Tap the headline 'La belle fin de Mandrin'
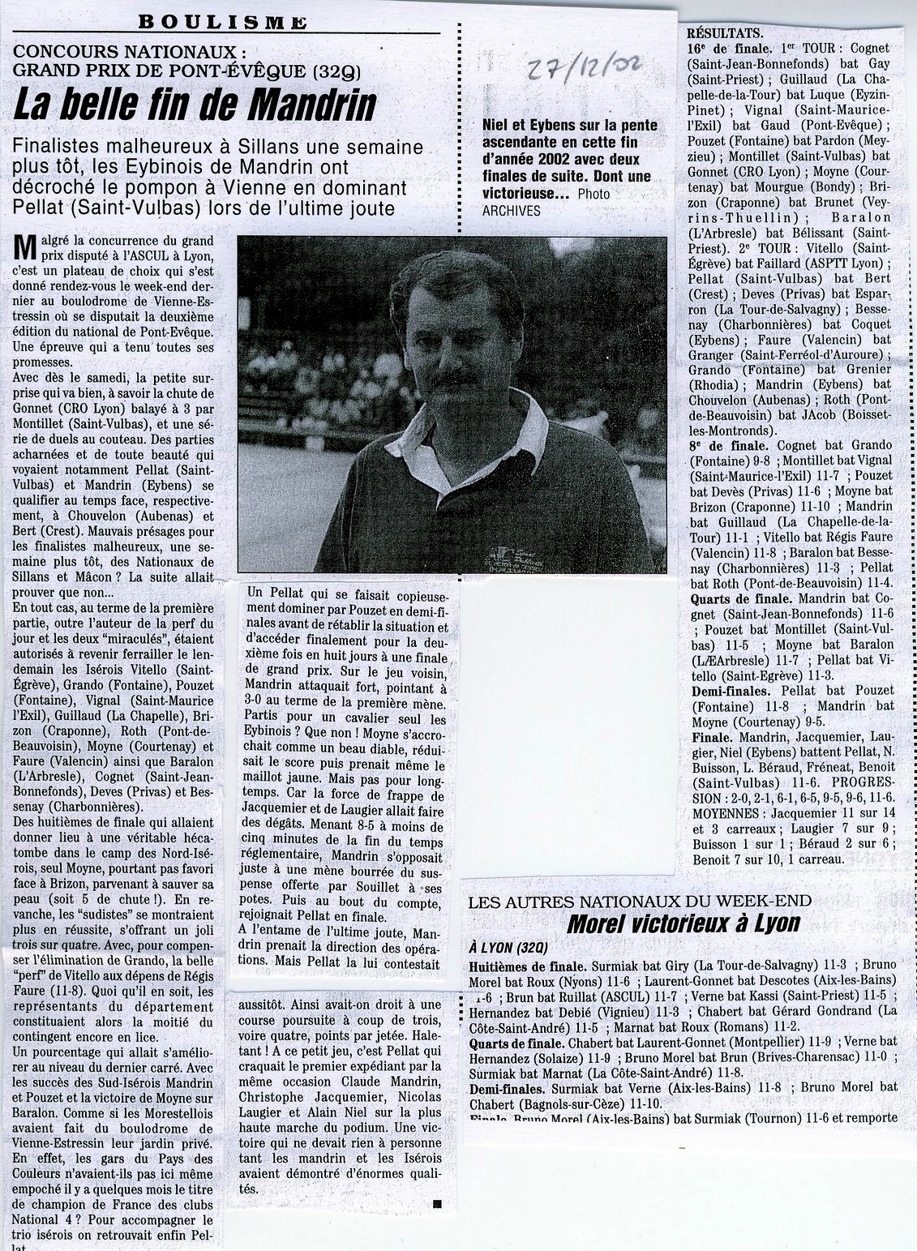click(x=195, y=105)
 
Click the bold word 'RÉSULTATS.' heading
click(x=725, y=33)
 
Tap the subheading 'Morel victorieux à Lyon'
click(x=683, y=923)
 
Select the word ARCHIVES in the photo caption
click(x=511, y=211)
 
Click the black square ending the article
click(x=438, y=1203)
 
